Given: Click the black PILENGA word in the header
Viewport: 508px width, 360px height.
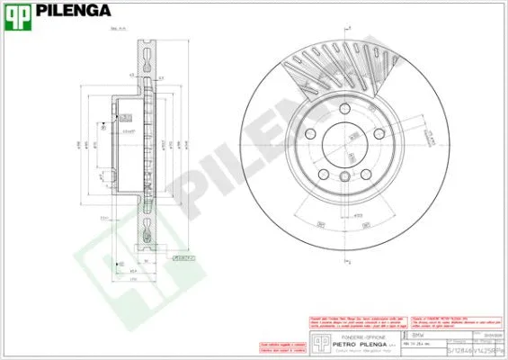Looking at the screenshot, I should pyautogui.click(x=74, y=12).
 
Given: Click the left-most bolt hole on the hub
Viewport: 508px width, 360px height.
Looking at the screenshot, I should pyautogui.click(x=311, y=134).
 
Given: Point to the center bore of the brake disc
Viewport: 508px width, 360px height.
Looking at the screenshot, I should pyautogui.click(x=344, y=145).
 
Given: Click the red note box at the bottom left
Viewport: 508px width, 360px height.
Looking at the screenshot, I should pyautogui.click(x=279, y=346).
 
